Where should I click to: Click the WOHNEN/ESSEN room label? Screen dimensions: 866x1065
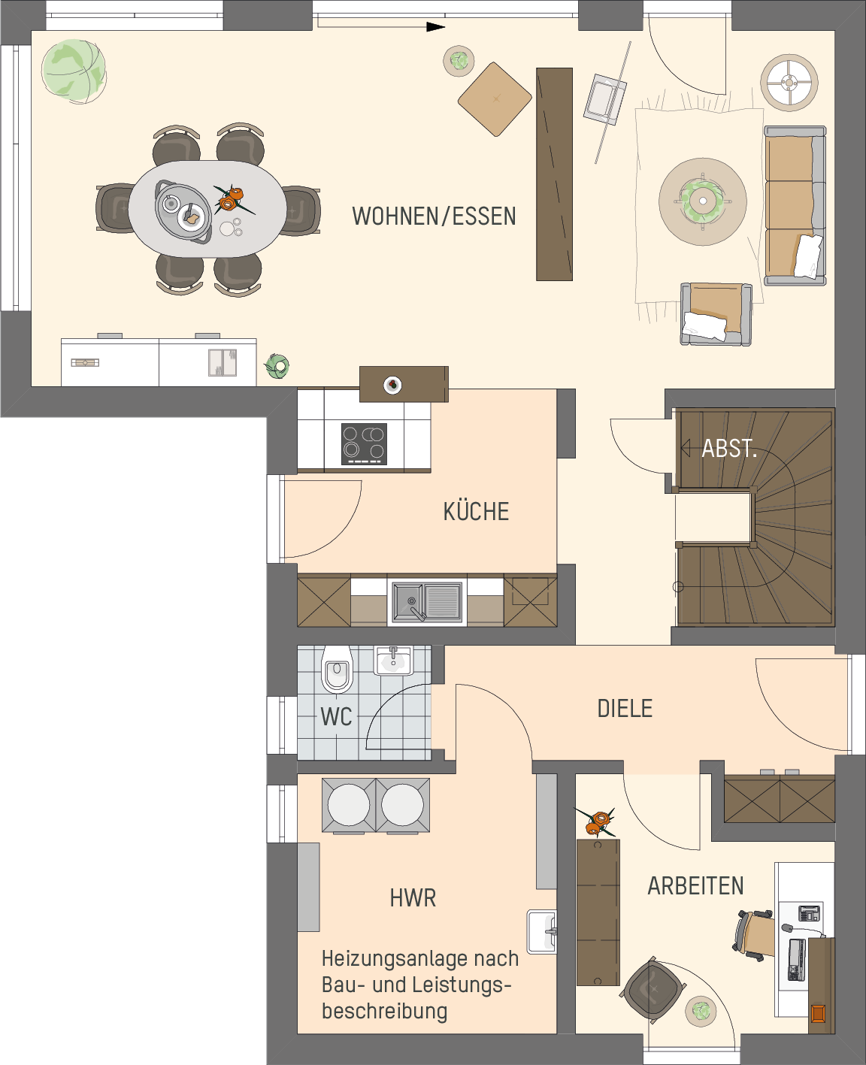[x=434, y=216]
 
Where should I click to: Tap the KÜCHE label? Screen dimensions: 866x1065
[x=476, y=511]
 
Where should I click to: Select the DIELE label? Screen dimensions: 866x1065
[x=625, y=709]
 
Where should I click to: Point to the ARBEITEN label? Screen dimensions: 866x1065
[x=695, y=886]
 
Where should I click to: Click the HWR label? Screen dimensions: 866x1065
[x=413, y=898]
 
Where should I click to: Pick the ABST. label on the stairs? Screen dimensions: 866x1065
[x=729, y=449]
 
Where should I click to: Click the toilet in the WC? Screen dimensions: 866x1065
[x=337, y=669]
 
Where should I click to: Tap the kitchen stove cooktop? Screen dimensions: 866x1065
[x=364, y=444]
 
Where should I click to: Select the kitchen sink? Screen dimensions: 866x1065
[x=426, y=602]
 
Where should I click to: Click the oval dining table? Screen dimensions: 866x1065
[x=207, y=209]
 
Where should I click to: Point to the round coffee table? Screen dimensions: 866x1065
[x=703, y=201]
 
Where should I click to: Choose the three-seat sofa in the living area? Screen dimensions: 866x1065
[x=795, y=205]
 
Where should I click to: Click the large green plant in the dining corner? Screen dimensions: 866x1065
[x=74, y=71]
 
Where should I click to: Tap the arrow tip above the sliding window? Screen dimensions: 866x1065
[x=444, y=27]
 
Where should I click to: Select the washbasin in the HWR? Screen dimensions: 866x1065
[x=542, y=932]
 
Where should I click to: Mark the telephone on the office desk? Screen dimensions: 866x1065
[x=810, y=912]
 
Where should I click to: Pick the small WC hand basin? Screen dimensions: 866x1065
[x=394, y=660]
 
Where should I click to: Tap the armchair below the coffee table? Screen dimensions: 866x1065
[x=716, y=314]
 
